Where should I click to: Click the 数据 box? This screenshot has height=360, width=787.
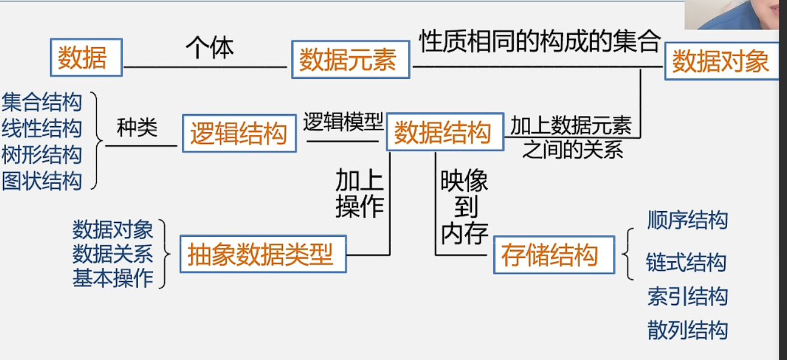(86, 57)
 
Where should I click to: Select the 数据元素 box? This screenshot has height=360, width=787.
(350, 60)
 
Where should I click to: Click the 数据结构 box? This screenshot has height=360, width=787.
(443, 133)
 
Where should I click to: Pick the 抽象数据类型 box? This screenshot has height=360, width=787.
(263, 255)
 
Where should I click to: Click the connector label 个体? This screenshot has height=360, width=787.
(209, 47)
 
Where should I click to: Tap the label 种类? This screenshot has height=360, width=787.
(137, 127)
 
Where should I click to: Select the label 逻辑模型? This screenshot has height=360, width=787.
(343, 122)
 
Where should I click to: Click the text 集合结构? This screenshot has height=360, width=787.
(41, 102)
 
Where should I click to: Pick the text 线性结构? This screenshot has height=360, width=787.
(41, 128)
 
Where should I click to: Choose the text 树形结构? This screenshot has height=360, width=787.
(41, 154)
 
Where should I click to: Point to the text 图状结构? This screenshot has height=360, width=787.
(41, 180)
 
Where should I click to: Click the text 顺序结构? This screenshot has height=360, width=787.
(687, 220)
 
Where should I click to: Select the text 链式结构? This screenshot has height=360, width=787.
(686, 263)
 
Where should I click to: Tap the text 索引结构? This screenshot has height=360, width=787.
(687, 296)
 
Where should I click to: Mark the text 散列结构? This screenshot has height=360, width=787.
(687, 330)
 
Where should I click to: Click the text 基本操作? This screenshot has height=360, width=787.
(113, 278)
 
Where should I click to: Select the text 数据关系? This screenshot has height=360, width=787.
(113, 254)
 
